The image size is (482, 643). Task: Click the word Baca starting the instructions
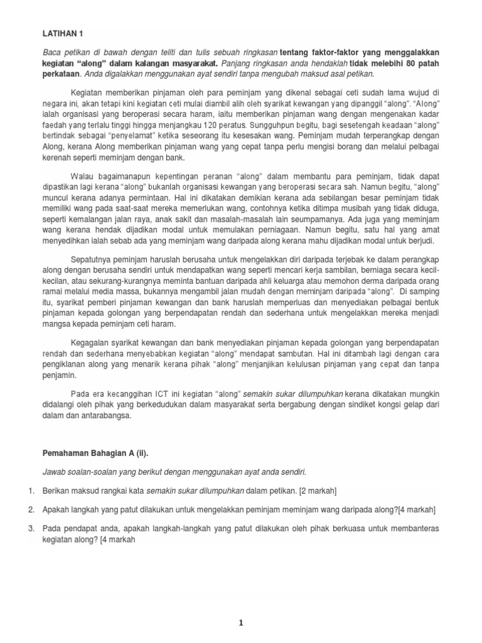pyautogui.click(x=53, y=52)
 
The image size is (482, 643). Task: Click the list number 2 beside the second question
pyautogui.click(x=30, y=510)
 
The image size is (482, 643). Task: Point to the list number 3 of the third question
pyautogui.click(x=30, y=529)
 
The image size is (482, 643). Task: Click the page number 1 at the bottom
pyautogui.click(x=240, y=623)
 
